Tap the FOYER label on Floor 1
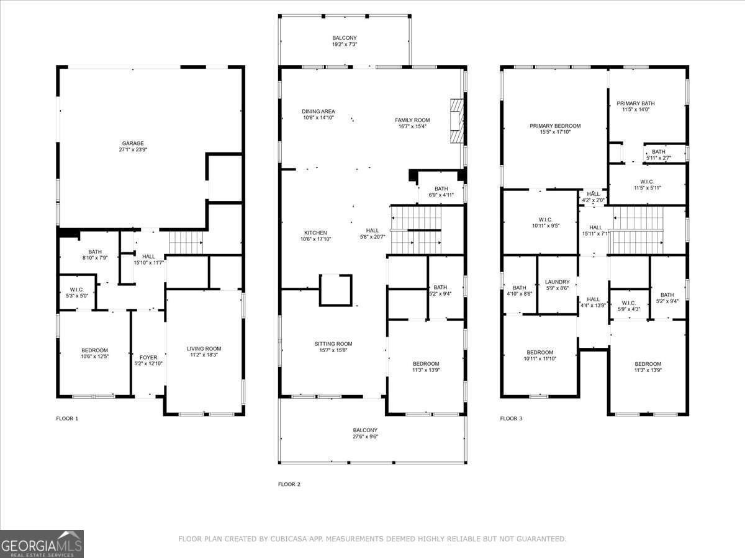tap(148, 357)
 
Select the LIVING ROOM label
tap(204, 348)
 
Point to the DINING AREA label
tap(318, 112)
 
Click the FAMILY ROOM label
tap(412, 120)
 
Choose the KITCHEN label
tap(315, 232)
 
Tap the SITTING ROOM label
tap(333, 343)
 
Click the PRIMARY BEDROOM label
tap(555, 126)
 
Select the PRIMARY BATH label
tap(635, 104)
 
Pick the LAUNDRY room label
tap(557, 282)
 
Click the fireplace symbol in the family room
tap(457, 121)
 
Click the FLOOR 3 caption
tap(511, 418)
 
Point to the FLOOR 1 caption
tap(67, 418)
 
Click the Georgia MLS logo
tap(42, 544)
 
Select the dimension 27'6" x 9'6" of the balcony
tap(365, 436)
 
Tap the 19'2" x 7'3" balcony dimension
tap(344, 45)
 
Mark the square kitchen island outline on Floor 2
tap(335, 290)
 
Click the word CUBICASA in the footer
tap(291, 539)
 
